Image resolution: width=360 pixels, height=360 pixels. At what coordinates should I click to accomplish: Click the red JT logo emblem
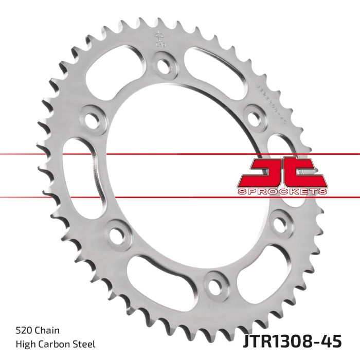pos(281,173)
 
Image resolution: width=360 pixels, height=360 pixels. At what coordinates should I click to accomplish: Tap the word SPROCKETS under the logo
pos(281,191)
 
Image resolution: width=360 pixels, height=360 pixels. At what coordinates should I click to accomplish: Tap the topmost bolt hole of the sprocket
pos(164,66)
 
